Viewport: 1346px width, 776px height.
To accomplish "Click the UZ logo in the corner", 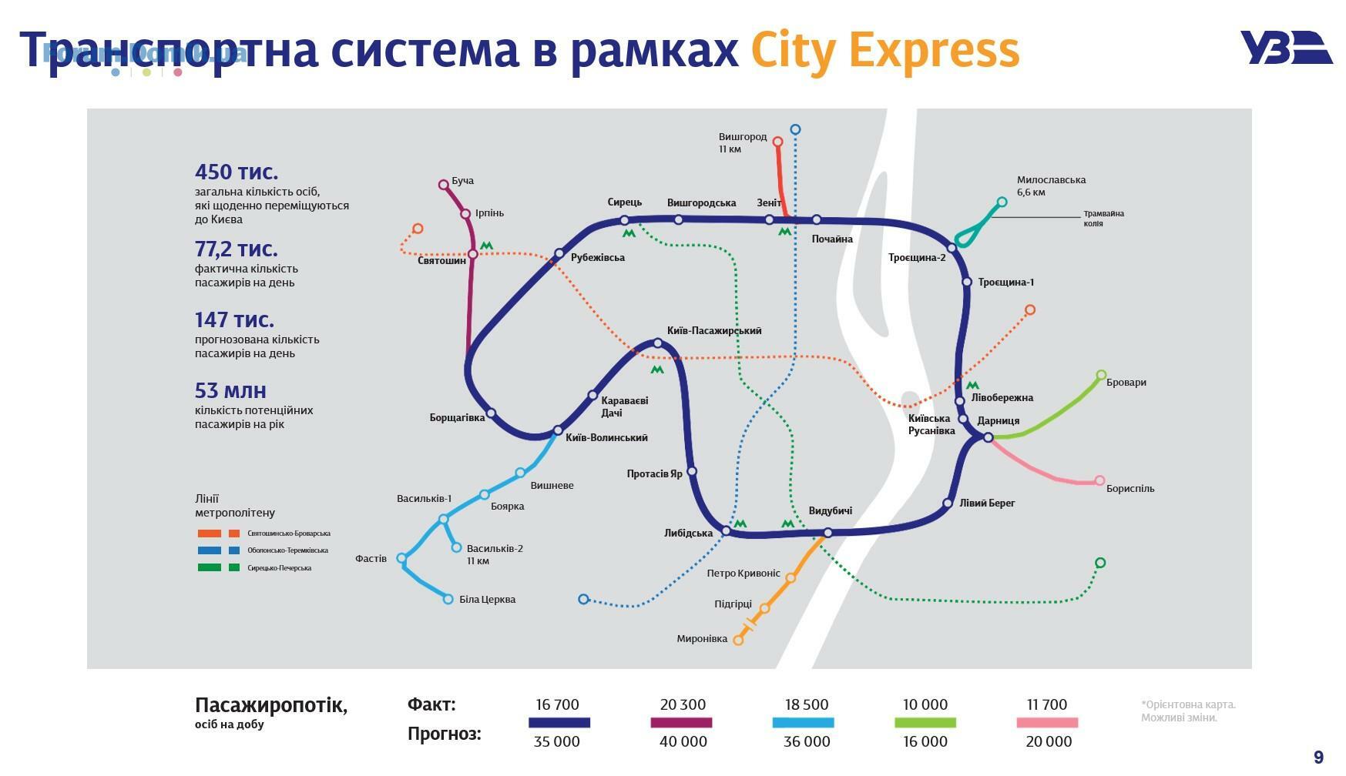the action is coord(1285,48).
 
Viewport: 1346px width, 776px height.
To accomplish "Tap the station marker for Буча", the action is coord(443,185).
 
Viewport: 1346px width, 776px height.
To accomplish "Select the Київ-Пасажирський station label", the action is coord(714,330).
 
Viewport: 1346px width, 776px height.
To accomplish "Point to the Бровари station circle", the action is coord(1101,375).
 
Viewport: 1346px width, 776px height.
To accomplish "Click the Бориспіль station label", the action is coord(1130,488).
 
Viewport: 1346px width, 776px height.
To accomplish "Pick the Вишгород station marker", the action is coord(777,142).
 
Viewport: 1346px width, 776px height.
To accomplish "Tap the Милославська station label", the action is coord(1051,180).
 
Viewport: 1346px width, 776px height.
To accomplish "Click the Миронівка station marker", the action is coord(738,640).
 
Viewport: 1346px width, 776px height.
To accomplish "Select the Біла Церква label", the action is coord(487,599).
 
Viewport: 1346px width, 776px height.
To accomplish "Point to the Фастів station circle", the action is coord(401,558).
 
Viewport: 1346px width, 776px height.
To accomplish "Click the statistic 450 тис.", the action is coord(237,172).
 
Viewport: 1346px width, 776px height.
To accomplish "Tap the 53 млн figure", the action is coord(230,390).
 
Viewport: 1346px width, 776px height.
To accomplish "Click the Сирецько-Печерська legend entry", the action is coord(254,568).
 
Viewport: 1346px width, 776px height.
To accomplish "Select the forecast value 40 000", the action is coord(683,741).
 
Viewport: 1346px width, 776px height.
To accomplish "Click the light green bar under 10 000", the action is coord(925,723).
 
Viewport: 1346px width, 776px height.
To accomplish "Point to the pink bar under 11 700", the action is coord(1047,723).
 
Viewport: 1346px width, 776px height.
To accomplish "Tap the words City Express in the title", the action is coord(885,51).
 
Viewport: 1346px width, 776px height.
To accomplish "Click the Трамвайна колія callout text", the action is coord(1103,218).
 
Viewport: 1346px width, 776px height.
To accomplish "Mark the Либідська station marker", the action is coord(726,531).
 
